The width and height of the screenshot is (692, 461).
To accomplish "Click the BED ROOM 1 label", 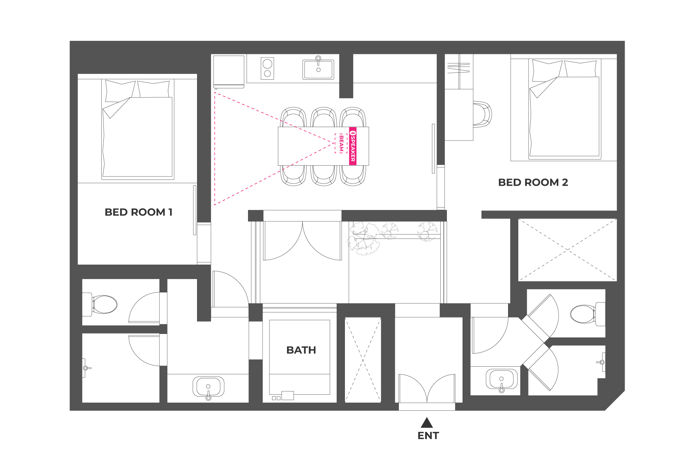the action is pyautogui.click(x=138, y=212).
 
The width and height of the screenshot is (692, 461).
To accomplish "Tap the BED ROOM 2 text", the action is pyautogui.click(x=533, y=182).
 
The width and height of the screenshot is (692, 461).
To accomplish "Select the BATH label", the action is pyautogui.click(x=301, y=350).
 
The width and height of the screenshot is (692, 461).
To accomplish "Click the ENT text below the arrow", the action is pyautogui.click(x=428, y=436).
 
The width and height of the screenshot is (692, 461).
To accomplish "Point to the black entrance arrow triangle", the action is pyautogui.click(x=427, y=423).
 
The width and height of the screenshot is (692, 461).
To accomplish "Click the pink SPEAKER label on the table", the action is pyautogui.click(x=353, y=146).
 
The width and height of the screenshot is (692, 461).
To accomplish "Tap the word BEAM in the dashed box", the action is pyautogui.click(x=341, y=143).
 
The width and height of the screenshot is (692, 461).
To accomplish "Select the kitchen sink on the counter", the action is pyautogui.click(x=318, y=69).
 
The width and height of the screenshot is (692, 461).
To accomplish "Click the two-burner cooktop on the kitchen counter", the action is pyautogui.click(x=267, y=68).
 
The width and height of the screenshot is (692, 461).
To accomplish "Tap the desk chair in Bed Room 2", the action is pyautogui.click(x=483, y=114).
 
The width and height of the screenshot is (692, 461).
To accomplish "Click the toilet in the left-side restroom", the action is pyautogui.click(x=100, y=304).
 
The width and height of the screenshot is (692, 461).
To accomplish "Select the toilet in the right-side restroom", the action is pyautogui.click(x=587, y=314).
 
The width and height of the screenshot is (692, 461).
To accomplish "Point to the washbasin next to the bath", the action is pyautogui.click(x=208, y=387).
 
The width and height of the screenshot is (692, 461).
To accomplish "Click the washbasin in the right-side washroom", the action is pyautogui.click(x=502, y=380).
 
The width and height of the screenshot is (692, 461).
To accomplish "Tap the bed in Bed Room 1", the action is pyautogui.click(x=137, y=129).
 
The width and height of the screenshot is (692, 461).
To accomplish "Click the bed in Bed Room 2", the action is pyautogui.click(x=564, y=109).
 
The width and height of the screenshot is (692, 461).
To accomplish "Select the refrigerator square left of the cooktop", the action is pyautogui.click(x=229, y=72).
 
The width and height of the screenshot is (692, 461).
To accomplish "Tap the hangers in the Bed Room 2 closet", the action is pyautogui.click(x=459, y=68).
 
